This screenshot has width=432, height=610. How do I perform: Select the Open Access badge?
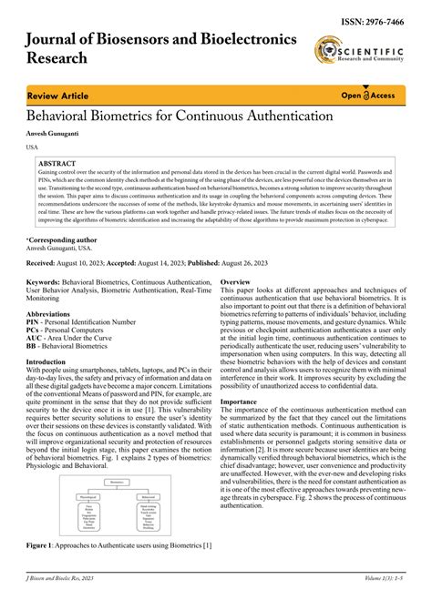click(x=367, y=95)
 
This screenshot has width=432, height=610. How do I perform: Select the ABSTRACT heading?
click(x=57, y=163)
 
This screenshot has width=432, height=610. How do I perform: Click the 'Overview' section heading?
click(x=235, y=283)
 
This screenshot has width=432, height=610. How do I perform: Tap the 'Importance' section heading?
click(x=239, y=426)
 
